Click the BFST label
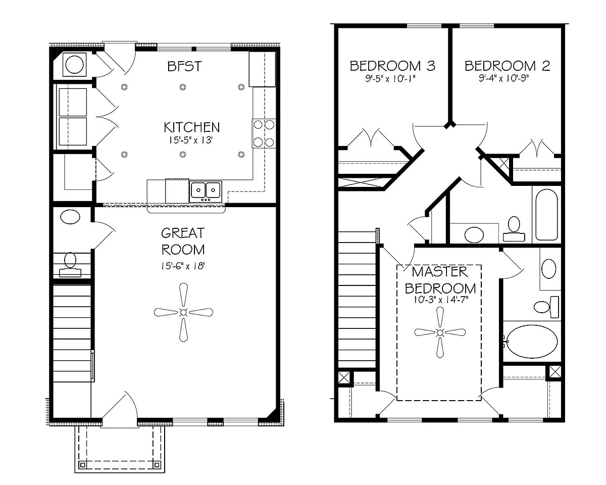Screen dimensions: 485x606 (x=184, y=66)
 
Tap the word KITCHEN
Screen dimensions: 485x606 (x=191, y=127)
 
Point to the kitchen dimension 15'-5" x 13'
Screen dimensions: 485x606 (x=191, y=140)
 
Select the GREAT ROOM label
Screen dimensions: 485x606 (x=183, y=241)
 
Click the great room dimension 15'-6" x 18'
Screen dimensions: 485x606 (x=183, y=265)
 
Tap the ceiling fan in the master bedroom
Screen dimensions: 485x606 (x=439, y=332)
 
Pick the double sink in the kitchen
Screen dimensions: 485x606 (x=206, y=190)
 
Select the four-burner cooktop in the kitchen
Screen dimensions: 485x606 (x=264, y=133)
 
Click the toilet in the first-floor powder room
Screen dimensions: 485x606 (x=70, y=264)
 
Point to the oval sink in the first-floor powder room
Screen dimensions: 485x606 (x=70, y=218)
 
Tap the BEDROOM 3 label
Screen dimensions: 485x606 (x=392, y=66)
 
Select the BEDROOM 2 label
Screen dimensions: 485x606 (x=507, y=66)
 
